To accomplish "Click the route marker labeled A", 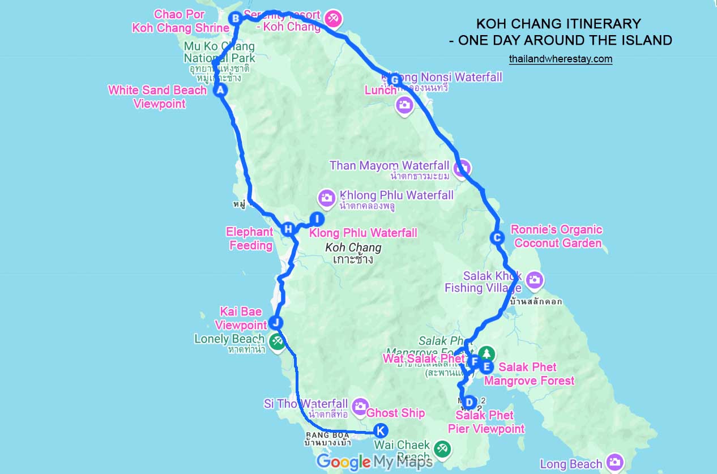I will pos(220,90).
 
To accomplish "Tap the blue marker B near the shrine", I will pos(235,19).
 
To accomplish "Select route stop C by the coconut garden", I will pos(497,238).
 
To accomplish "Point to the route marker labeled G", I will pos(395,80).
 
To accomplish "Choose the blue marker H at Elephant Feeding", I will pos(288,229).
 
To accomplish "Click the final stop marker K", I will pos(381,430).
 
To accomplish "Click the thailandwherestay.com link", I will pos(560,58).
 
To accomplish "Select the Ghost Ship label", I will pos(395,413).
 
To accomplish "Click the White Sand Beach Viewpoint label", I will pos(157,97).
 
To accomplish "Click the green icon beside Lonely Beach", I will pos(277,341).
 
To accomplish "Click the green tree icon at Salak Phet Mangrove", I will pos(486,353).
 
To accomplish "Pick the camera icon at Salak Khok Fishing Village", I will pos(534,279).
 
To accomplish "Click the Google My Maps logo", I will pos(374,462).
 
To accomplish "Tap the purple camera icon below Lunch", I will pos(404,104).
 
